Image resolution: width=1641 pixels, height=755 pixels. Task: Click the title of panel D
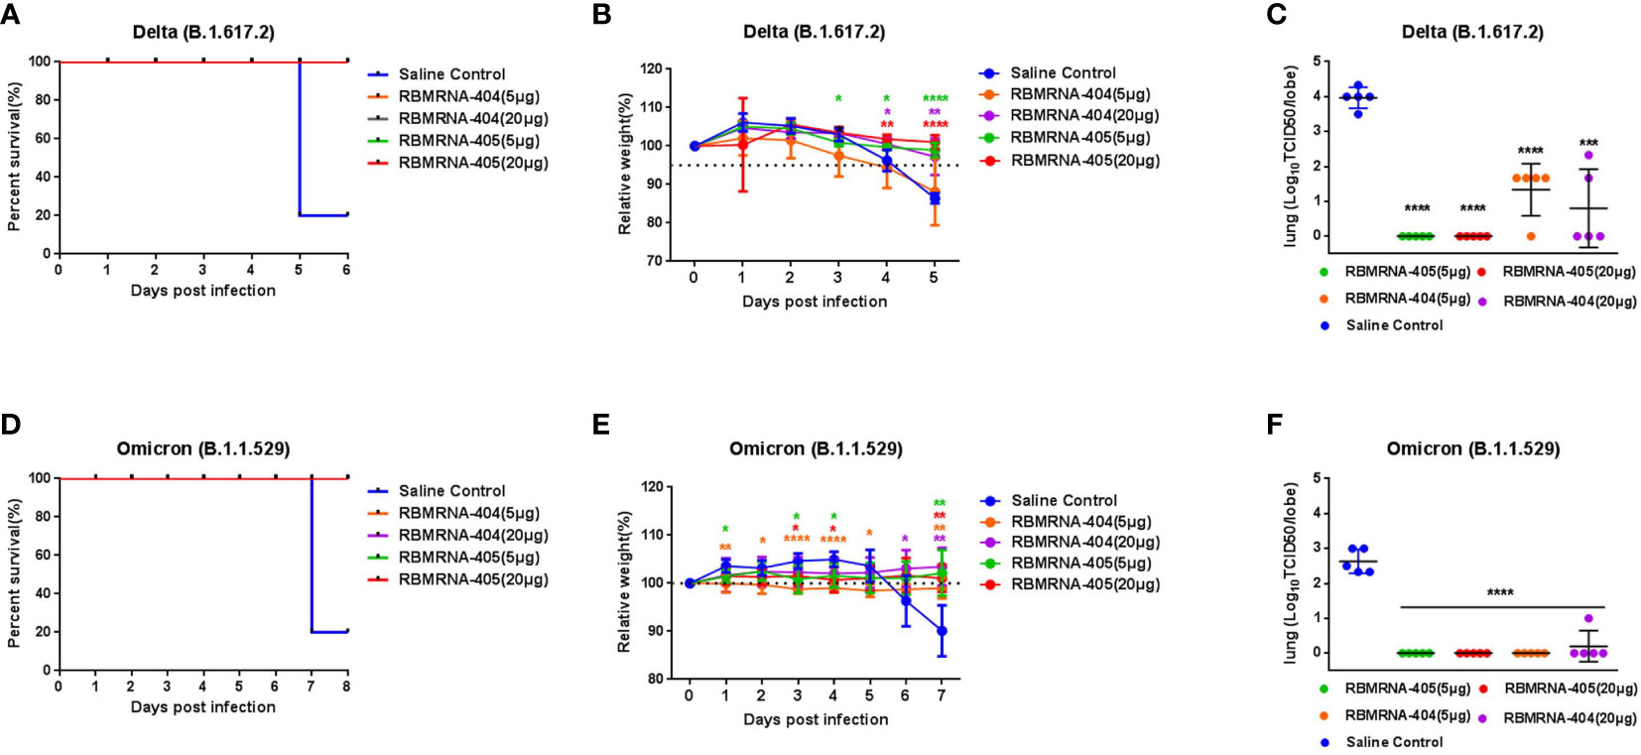(x=203, y=448)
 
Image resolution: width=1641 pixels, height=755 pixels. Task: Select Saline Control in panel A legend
(x=451, y=74)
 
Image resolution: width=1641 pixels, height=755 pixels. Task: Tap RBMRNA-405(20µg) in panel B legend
(x=1084, y=160)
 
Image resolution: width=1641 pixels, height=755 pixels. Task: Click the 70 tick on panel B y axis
(x=651, y=261)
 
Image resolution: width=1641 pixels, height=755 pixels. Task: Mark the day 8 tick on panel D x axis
(x=346, y=686)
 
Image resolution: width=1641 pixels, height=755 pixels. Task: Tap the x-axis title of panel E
(x=815, y=719)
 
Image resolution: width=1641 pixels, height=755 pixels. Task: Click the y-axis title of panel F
(x=1290, y=573)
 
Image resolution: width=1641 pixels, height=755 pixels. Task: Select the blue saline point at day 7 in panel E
(x=942, y=631)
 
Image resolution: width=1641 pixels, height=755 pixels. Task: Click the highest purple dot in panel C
(x=1588, y=156)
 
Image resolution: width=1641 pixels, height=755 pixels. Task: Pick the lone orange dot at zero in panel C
(x=1531, y=236)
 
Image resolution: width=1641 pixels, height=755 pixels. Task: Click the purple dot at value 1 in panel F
(x=1588, y=618)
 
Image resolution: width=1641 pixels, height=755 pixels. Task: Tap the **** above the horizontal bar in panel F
(x=1500, y=593)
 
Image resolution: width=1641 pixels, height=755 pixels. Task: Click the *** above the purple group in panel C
(x=1588, y=143)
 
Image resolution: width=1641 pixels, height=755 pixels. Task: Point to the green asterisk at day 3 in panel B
(x=838, y=99)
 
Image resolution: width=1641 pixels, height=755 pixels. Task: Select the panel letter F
(x=1275, y=425)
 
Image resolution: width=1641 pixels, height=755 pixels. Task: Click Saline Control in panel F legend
(x=1394, y=742)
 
